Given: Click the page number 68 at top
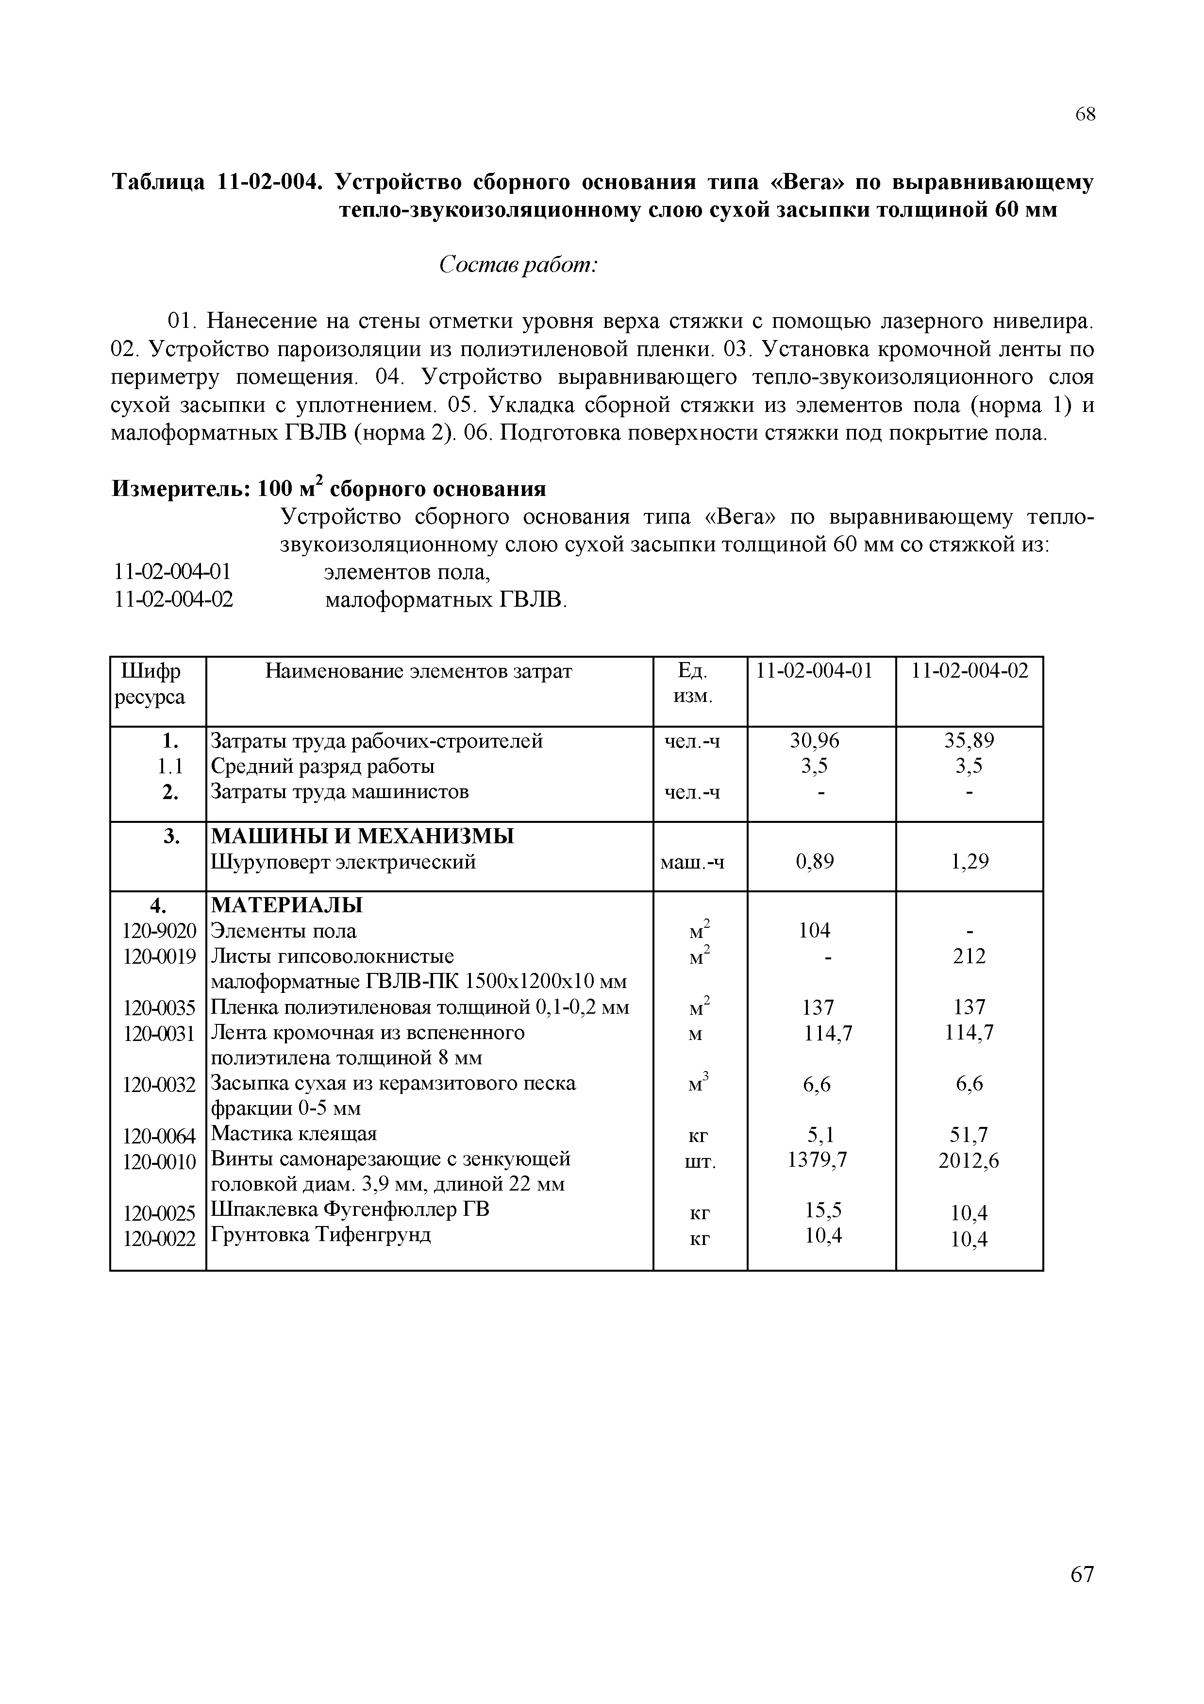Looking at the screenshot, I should point(1085,114).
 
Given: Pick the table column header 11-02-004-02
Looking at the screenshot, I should point(970,671).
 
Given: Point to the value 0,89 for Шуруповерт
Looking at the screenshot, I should point(815,862).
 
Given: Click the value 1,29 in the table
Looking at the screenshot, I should point(970,862).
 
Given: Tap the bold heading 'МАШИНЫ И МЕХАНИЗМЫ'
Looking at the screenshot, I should point(363,836).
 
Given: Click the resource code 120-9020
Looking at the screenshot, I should point(160,931).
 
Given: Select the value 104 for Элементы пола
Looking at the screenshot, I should point(815,931).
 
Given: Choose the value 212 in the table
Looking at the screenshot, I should point(970,956).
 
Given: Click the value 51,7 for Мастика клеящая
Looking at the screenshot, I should point(970,1135).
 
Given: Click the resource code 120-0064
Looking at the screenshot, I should point(160,1136).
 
